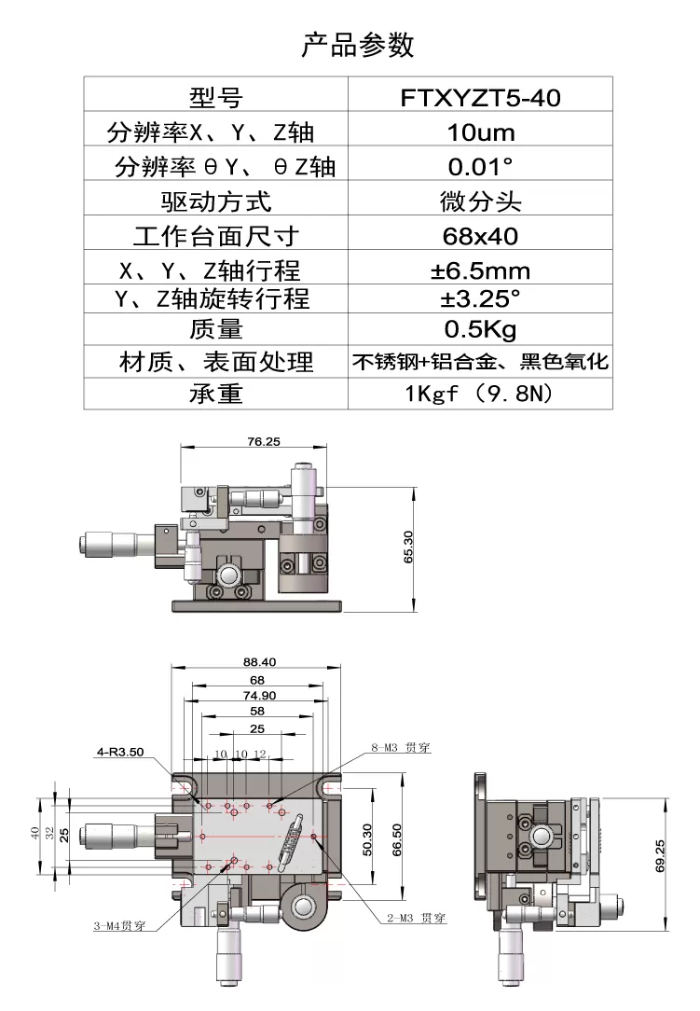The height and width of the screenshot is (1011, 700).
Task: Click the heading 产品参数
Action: [358, 45]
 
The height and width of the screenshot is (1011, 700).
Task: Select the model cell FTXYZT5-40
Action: [480, 97]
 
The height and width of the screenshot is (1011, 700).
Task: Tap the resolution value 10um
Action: [480, 132]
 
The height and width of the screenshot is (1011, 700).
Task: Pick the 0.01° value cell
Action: [480, 167]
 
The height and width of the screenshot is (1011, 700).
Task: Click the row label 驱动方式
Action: [216, 201]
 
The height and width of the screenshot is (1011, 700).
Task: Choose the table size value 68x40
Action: [480, 235]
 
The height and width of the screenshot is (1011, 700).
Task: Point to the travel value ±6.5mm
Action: [480, 271]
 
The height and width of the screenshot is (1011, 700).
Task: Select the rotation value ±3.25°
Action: [480, 299]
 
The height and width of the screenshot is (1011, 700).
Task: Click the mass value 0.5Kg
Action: [480, 329]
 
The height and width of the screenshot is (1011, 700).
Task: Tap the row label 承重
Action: [216, 394]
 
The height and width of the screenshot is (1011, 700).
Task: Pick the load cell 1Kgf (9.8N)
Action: [480, 394]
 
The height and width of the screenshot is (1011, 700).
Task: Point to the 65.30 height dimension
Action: [407, 547]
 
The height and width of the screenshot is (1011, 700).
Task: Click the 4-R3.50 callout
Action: [119, 752]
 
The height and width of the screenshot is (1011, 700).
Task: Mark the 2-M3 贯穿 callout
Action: [416, 919]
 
